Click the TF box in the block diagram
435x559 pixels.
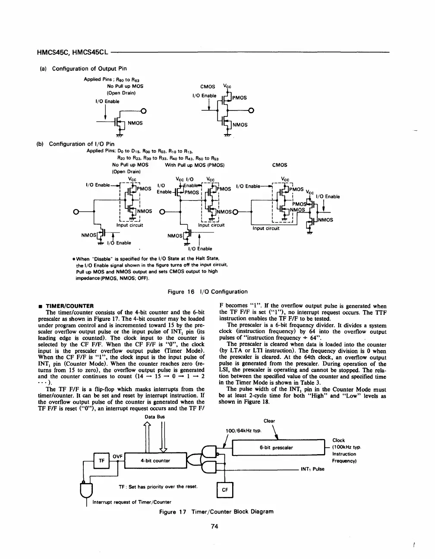click(102, 461)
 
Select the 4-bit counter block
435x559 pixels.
click(155, 461)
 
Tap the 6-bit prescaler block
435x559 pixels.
click(277, 448)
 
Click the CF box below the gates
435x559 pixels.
click(224, 490)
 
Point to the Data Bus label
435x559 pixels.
click(155, 417)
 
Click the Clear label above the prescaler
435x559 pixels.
click(269, 421)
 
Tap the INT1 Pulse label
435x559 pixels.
click(312, 469)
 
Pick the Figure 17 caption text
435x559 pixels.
click(216, 512)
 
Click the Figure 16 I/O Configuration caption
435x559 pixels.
click(208, 292)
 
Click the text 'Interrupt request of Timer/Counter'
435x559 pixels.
click(132, 502)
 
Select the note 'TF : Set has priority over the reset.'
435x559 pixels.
click(158, 487)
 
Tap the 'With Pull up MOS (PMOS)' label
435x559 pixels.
click(195, 165)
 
